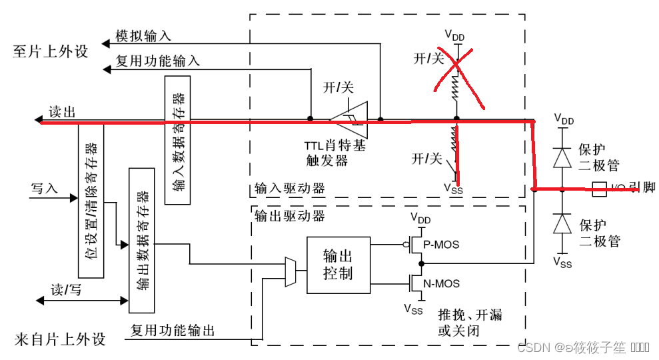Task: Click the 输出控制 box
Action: (x=337, y=265)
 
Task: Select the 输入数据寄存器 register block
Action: (x=177, y=139)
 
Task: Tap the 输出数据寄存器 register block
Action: (x=142, y=241)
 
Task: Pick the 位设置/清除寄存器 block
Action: (x=91, y=200)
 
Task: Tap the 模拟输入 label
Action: (x=143, y=35)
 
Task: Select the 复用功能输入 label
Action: (x=157, y=61)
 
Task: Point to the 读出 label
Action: (x=61, y=112)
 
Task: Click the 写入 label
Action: (x=45, y=189)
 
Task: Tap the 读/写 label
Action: (x=66, y=291)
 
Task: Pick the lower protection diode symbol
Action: (x=564, y=223)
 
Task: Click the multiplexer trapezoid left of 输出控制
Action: (x=291, y=271)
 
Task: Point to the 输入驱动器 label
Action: (x=289, y=189)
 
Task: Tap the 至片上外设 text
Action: (x=51, y=51)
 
